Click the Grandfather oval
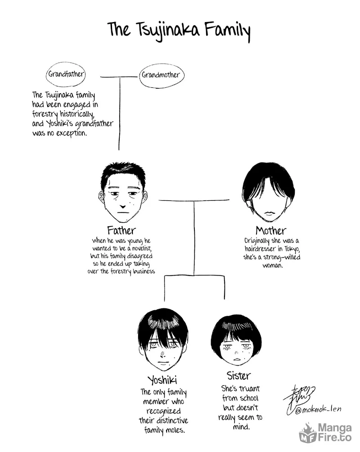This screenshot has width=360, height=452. pos(66,74)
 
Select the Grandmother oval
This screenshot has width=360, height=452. pos(161,75)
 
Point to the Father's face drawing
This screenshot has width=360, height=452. pos(122,191)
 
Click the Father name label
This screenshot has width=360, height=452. pos(121,231)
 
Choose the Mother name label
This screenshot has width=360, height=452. pos(271,231)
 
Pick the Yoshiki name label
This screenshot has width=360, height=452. pos(162,380)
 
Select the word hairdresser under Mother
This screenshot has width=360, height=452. pos(258,249)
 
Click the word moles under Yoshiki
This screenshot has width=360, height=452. pos(174,430)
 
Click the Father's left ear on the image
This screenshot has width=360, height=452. pos(101,196)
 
